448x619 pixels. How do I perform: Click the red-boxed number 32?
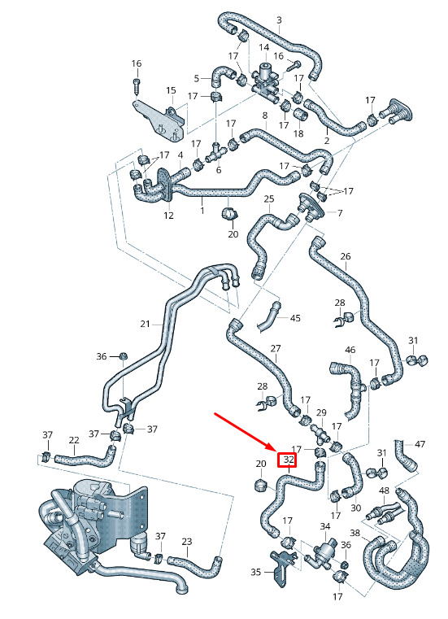289,460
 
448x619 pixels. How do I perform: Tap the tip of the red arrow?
276,451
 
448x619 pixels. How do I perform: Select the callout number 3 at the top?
279,20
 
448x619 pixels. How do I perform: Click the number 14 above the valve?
263,48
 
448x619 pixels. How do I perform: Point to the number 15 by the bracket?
171,90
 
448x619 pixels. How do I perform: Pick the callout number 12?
168,216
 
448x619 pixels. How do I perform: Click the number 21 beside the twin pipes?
145,324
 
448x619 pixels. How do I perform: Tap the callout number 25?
269,198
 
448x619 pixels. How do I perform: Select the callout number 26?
346,256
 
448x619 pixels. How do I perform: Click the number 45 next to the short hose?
295,318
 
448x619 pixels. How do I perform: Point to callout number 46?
350,350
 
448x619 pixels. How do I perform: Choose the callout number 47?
420,444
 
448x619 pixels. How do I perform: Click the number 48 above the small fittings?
384,490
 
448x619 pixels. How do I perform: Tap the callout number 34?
325,526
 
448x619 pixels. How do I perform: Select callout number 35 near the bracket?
256,572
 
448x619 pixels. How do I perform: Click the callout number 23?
187,541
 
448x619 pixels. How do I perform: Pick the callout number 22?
74,440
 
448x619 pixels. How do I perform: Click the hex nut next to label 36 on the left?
123,355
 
